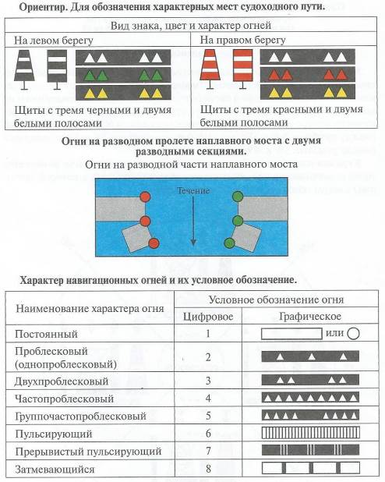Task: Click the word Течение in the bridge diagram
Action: coord(193,190)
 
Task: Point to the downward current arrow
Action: coord(193,221)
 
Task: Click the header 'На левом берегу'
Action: coord(54,41)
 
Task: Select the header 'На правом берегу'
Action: coord(242,41)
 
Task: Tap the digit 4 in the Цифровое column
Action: coord(208,399)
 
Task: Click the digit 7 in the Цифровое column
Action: coord(208,451)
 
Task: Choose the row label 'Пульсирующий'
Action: coord(54,434)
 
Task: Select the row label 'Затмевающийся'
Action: coord(55,470)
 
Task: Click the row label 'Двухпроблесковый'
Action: coord(62,381)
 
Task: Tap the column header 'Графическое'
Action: coord(310,317)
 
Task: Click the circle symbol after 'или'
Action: coord(353,334)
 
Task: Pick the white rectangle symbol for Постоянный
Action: coord(291,334)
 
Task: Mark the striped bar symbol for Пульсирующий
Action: coord(310,433)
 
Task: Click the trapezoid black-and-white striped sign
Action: coord(25,69)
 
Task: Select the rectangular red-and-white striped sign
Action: coord(242,69)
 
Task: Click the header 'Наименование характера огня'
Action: coord(90,309)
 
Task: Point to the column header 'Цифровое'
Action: coord(208,317)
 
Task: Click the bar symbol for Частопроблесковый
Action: coord(310,398)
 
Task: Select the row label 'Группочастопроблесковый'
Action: coord(80,416)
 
